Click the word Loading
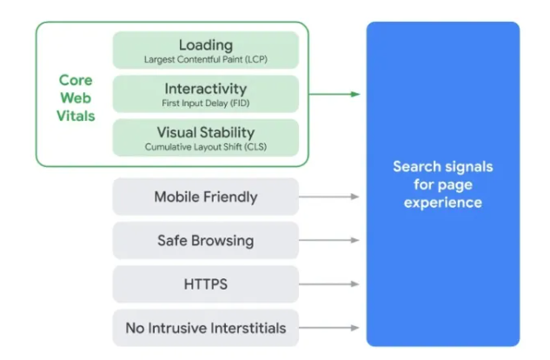[x=205, y=44]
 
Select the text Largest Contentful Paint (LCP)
[x=205, y=59]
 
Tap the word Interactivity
[x=205, y=89]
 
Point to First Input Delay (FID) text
[x=205, y=103]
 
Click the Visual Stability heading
[x=205, y=133]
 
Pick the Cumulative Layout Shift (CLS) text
[x=205, y=147]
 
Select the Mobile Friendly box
[x=205, y=197]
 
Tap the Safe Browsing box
[x=205, y=240]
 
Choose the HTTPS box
[x=205, y=283]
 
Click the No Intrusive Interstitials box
[x=205, y=328]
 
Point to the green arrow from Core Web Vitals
[x=334, y=94]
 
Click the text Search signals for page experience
[x=442, y=184]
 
